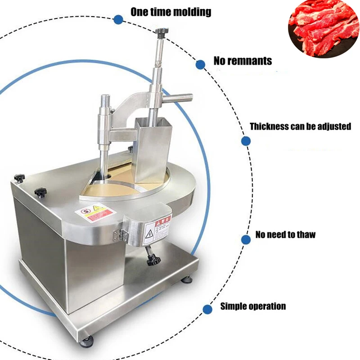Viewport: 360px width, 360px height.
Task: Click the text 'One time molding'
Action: click(171, 12)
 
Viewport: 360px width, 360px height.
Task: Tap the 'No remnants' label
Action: click(243, 61)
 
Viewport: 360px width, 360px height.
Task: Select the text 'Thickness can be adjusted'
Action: click(300, 126)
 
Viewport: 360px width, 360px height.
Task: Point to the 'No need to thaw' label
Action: click(285, 234)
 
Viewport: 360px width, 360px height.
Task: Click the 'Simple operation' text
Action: click(253, 306)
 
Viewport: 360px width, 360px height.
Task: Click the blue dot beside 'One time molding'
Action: click(118, 19)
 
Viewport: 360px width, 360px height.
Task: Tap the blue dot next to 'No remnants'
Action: click(201, 65)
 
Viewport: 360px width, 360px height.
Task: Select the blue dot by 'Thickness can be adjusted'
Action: click(246, 141)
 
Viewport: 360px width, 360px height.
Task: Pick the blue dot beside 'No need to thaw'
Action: click(246, 240)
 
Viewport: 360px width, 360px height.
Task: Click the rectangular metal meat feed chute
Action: click(153, 144)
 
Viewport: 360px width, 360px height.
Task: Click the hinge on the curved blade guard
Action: click(120, 234)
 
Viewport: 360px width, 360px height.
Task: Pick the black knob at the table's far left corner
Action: click(19, 178)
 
